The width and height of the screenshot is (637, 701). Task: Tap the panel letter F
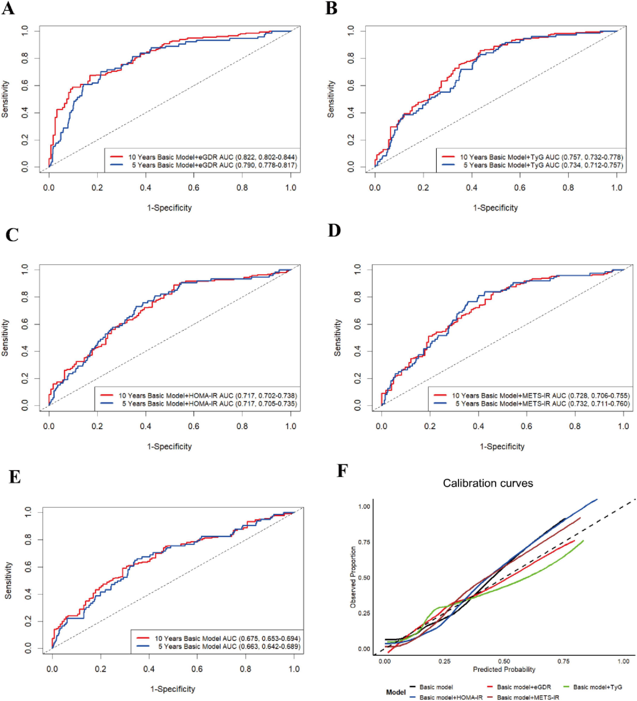[343, 471]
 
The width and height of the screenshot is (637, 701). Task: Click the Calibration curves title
[488, 483]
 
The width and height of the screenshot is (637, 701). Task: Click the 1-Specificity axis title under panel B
[495, 208]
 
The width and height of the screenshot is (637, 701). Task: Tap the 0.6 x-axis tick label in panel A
[194, 188]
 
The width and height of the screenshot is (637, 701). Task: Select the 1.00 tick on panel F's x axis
[623, 661]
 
